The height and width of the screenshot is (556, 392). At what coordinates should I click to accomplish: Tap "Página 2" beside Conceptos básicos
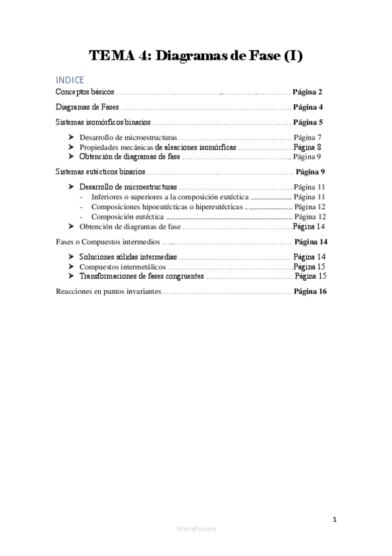(308, 92)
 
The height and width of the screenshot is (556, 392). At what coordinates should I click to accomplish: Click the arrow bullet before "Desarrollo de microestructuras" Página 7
(72, 137)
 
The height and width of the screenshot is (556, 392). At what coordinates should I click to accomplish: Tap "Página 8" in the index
(307, 148)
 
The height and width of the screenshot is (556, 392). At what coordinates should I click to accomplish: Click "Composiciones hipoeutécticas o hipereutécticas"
(166, 207)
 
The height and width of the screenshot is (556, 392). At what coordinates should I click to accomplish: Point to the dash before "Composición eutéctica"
(80, 217)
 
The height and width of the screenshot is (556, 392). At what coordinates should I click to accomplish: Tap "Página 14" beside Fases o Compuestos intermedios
(311, 242)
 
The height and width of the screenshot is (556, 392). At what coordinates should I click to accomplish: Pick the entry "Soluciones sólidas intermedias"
(128, 256)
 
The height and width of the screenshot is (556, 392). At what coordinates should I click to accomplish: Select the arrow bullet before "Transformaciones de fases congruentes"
(72, 277)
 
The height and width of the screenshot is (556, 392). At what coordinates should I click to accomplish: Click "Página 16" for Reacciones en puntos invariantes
(310, 292)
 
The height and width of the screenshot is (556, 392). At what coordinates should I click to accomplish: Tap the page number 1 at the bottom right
(334, 520)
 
